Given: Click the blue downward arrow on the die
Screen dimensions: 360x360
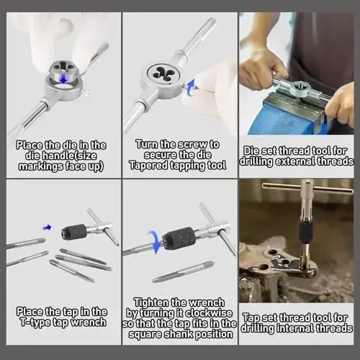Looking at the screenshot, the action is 63,78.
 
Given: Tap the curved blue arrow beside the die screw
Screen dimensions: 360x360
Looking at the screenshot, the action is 191,88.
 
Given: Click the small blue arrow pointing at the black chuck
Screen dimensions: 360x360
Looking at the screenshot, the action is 47,228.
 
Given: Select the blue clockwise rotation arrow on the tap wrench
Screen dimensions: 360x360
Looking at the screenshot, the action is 154,242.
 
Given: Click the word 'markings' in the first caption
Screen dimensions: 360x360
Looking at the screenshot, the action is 39,166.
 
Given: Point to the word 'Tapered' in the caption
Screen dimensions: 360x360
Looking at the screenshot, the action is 148,166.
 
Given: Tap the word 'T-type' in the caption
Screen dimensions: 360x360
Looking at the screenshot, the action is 35,323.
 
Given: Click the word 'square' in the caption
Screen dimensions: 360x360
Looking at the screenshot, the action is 145,334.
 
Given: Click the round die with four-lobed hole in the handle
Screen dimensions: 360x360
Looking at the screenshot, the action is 163,74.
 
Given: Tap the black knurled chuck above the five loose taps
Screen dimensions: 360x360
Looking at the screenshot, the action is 74,231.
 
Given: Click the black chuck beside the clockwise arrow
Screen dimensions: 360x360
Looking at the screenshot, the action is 179,238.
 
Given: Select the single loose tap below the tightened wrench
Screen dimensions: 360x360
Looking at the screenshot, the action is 183,272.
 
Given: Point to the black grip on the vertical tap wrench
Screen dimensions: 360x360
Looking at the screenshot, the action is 306,232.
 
